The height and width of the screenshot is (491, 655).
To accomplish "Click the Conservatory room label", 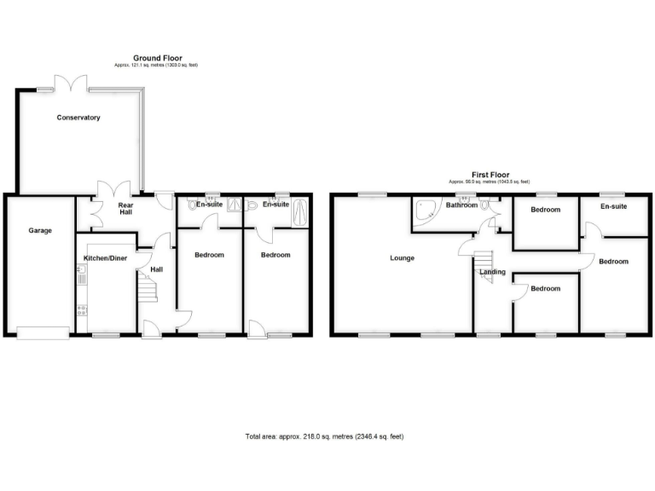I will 78,118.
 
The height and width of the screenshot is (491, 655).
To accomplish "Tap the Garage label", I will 40,231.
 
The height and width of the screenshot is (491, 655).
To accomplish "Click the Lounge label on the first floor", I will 403,257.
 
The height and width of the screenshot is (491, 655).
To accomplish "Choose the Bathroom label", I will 462,205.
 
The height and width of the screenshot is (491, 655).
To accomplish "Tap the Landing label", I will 493,273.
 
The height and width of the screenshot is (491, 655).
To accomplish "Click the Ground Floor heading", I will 157,58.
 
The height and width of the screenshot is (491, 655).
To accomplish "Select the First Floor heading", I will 490,175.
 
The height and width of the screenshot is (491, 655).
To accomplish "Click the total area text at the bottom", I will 324,436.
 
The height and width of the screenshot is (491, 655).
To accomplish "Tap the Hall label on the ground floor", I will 156,270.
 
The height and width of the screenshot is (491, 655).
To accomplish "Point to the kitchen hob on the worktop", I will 82,309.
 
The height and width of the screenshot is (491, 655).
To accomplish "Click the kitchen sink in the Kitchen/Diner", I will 82,274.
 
